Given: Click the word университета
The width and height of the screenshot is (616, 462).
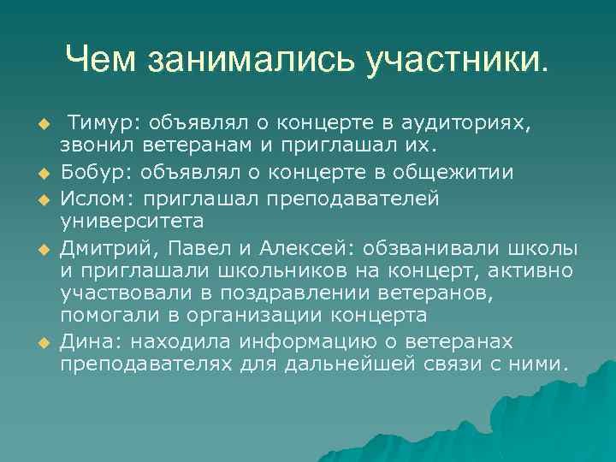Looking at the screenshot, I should coord(131,222).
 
